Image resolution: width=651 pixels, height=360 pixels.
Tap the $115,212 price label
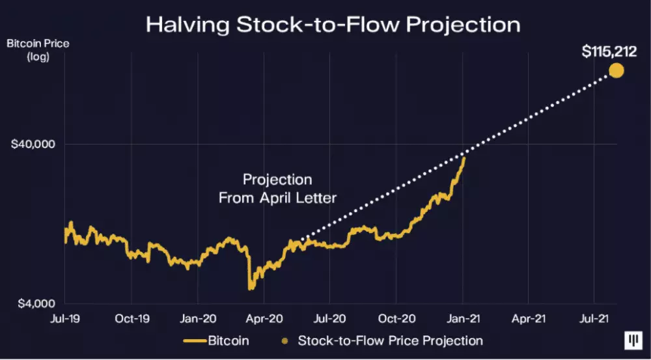tap(609, 51)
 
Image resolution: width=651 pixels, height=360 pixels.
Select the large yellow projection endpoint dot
tap(615, 70)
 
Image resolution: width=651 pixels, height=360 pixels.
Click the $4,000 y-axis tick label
tap(35, 303)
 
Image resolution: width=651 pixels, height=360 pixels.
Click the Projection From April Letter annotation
tap(277, 188)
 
